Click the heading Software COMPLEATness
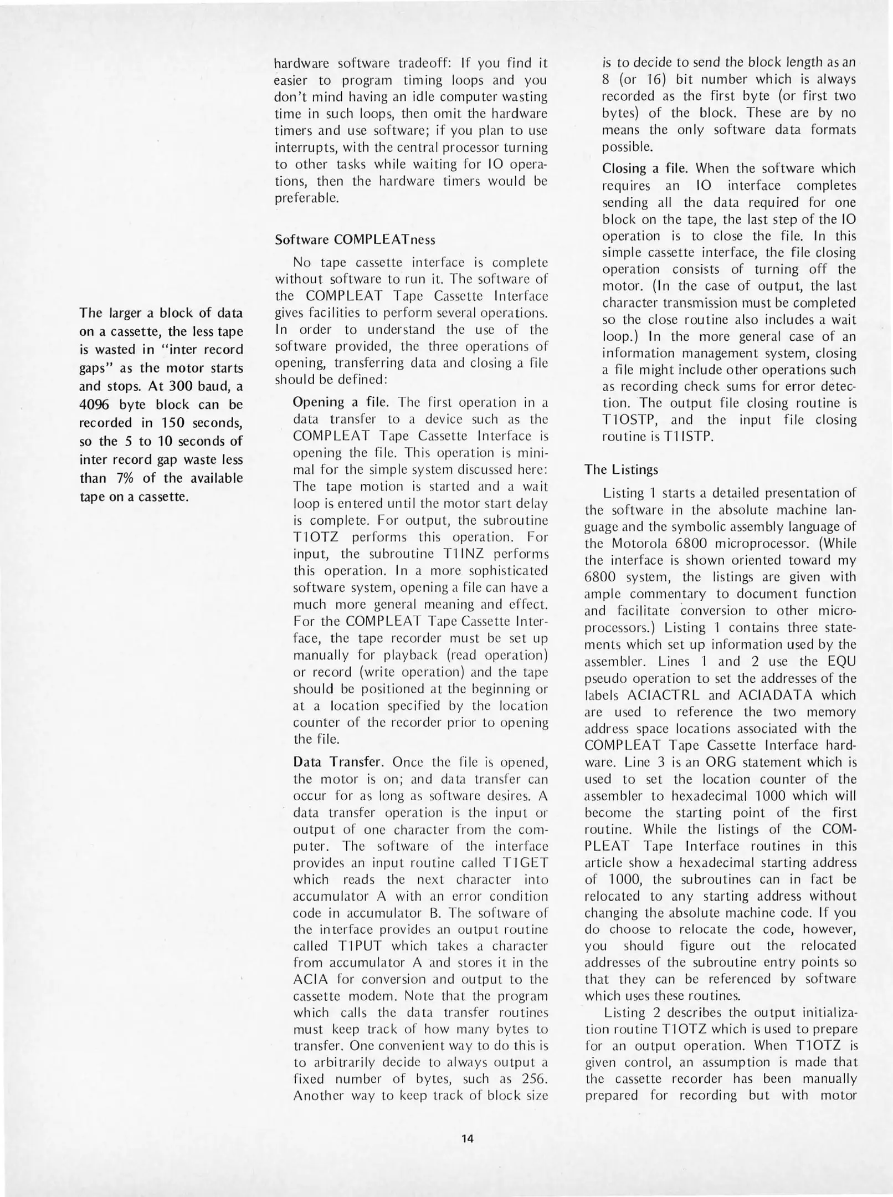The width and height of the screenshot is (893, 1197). pos(355,240)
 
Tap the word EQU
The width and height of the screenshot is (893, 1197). pos(840,661)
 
